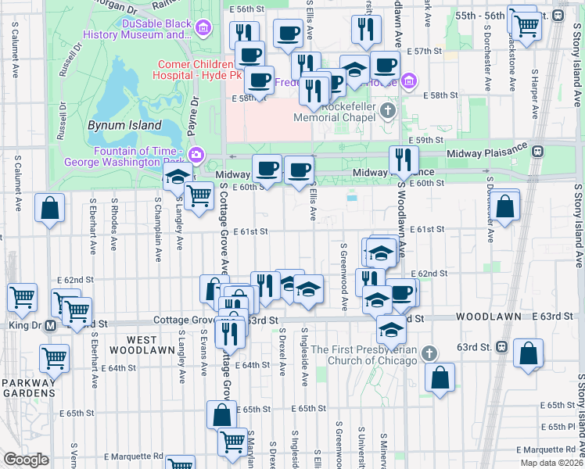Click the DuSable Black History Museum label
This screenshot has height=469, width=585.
156,29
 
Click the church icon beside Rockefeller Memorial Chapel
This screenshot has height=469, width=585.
389,111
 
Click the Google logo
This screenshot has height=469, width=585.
26,460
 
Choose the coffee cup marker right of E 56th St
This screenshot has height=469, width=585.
288,34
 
